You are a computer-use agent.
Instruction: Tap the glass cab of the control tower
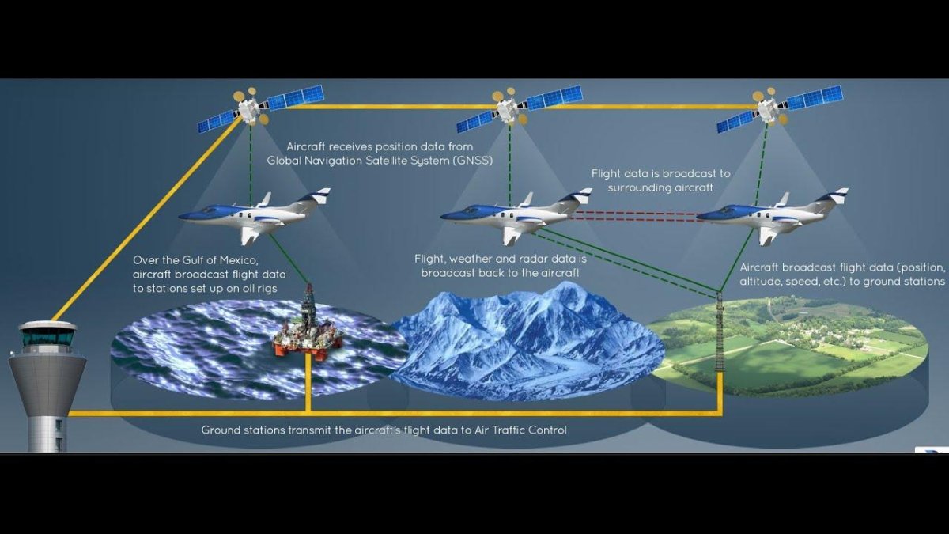pos(48,336)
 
